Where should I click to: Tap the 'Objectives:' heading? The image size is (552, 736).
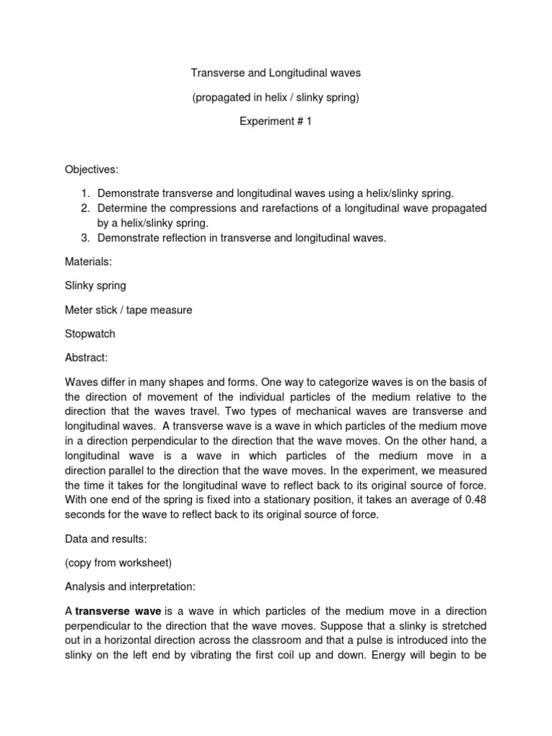click(x=92, y=170)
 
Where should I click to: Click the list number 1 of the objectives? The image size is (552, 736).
click(x=84, y=193)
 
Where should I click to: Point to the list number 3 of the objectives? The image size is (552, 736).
click(x=84, y=237)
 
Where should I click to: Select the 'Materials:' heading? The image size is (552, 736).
click(x=88, y=262)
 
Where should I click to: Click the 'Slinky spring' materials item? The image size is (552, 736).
click(x=96, y=285)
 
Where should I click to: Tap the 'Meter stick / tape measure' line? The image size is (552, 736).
click(x=129, y=310)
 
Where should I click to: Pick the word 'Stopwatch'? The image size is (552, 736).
click(x=90, y=334)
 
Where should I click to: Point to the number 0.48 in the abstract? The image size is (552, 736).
click(x=475, y=500)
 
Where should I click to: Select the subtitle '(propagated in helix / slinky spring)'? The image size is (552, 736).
click(x=275, y=98)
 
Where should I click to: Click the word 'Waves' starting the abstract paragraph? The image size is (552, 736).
click(x=80, y=382)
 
